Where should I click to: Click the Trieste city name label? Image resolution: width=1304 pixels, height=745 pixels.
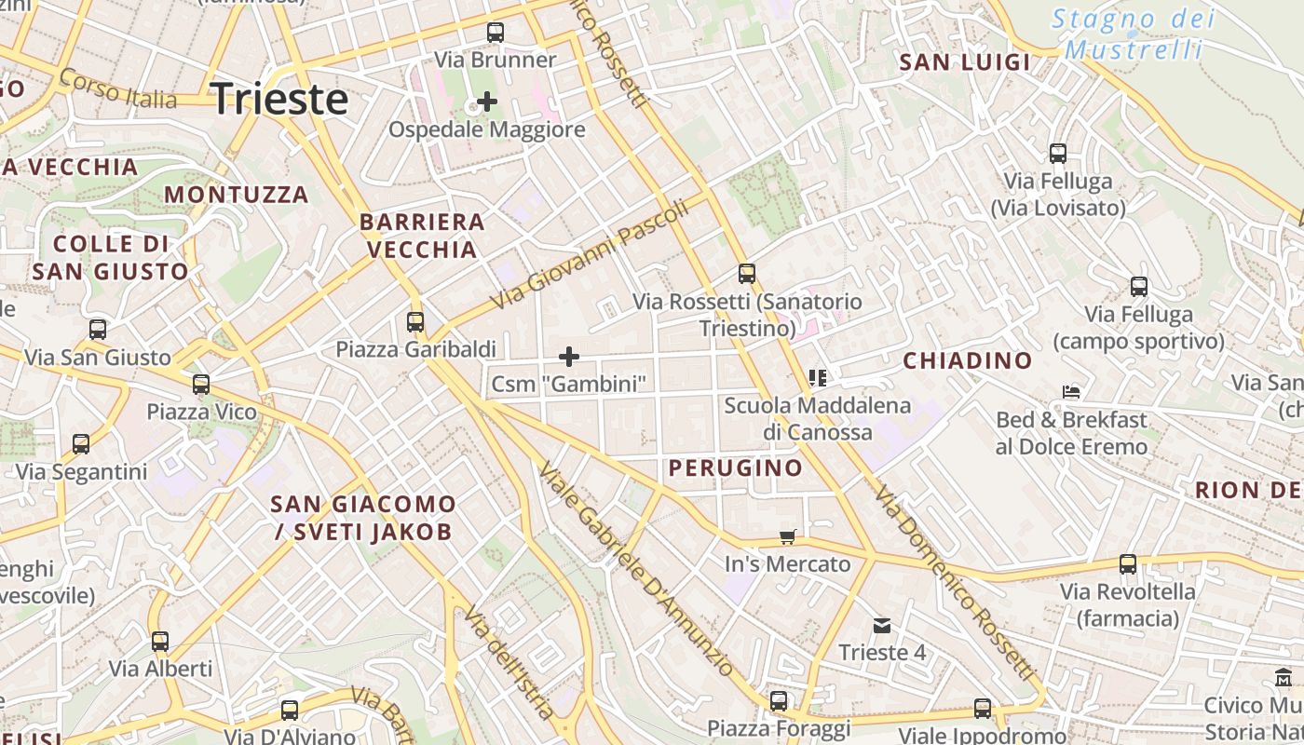280,99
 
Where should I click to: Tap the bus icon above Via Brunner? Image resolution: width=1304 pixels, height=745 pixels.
496,33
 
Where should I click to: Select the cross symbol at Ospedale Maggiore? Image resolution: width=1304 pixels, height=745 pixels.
486,102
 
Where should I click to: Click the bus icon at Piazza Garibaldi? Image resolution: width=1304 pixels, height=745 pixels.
415,322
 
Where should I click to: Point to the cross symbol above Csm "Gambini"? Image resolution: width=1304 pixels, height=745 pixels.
568,357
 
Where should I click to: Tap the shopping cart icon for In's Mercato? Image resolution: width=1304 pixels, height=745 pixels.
788,536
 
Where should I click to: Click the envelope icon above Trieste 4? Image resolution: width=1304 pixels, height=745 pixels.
882,625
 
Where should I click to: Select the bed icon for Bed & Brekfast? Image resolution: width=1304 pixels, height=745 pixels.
1071,392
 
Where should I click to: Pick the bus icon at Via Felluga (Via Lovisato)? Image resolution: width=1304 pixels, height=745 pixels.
1058,154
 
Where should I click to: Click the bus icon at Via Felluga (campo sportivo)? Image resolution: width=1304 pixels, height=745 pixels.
1138,287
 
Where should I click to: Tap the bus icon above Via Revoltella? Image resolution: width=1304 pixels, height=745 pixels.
1128,563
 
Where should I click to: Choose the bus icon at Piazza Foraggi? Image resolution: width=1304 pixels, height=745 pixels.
779,700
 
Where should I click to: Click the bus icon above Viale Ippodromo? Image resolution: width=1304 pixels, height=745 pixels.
983,708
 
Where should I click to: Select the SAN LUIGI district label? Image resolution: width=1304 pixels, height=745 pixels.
965,62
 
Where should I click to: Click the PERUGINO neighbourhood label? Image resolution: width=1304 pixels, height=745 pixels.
736,467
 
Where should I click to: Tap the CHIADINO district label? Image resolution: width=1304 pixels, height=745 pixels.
968,360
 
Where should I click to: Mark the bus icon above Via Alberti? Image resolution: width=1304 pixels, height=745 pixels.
160,641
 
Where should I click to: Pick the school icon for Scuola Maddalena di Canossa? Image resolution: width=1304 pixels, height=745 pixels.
818,378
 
